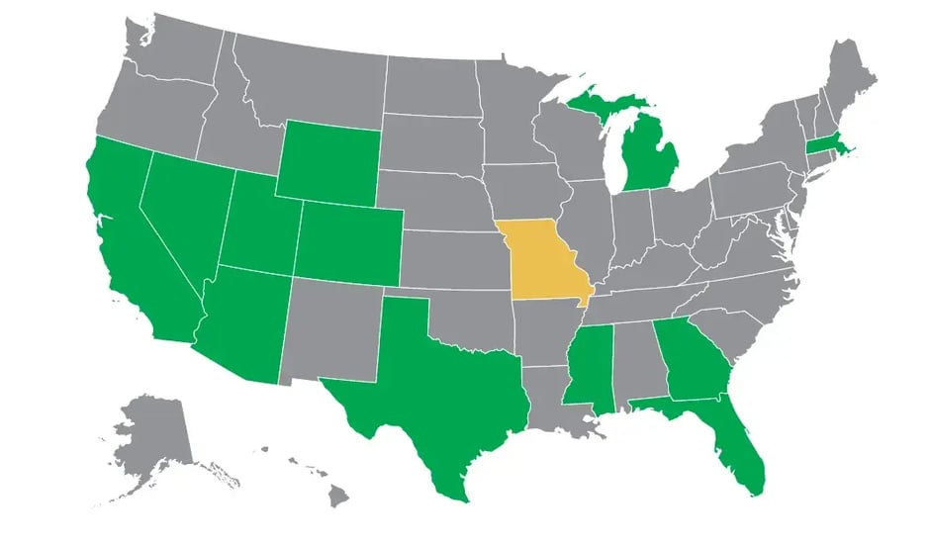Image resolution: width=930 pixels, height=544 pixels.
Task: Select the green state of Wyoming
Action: tap(327, 164)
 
